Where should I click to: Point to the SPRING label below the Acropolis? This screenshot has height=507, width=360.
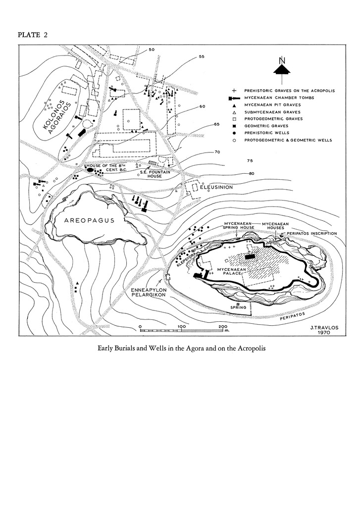[x=238, y=307]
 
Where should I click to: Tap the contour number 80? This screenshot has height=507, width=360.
[x=252, y=173]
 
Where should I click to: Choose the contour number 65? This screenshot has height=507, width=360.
[x=216, y=124]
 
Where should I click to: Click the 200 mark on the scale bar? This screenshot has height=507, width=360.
[x=223, y=326]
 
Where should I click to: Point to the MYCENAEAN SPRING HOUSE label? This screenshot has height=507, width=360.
[x=239, y=225]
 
